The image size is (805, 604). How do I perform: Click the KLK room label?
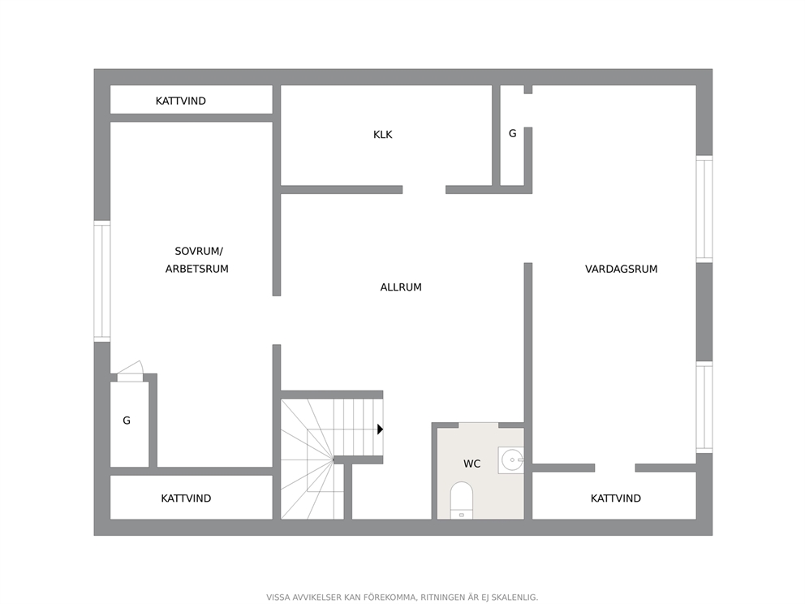tap(382, 135)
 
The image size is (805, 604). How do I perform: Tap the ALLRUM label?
tap(401, 287)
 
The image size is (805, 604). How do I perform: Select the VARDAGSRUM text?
tap(622, 269)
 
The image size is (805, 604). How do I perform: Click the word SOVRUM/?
tap(199, 251)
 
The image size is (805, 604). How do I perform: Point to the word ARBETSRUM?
tap(196, 269)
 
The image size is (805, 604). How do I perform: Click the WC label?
tap(471, 464)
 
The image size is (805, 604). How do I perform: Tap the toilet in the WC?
tap(461, 500)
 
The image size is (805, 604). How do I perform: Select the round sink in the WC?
tap(512, 459)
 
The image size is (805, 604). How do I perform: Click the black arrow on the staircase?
tap(380, 429)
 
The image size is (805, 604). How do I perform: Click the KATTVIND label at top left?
tap(181, 101)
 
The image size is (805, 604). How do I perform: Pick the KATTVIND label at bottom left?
tap(186, 498)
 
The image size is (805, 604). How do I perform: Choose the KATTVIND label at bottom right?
tap(616, 498)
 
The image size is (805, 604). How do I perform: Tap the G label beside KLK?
tap(512, 133)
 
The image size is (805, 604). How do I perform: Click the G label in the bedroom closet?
tap(127, 421)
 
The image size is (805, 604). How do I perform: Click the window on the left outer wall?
tap(101, 281)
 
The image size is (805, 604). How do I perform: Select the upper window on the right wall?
tap(704, 209)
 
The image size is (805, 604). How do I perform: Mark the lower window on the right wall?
tap(704, 408)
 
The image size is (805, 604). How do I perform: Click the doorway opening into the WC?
tap(479, 425)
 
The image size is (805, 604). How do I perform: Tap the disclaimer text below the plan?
tap(402, 598)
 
